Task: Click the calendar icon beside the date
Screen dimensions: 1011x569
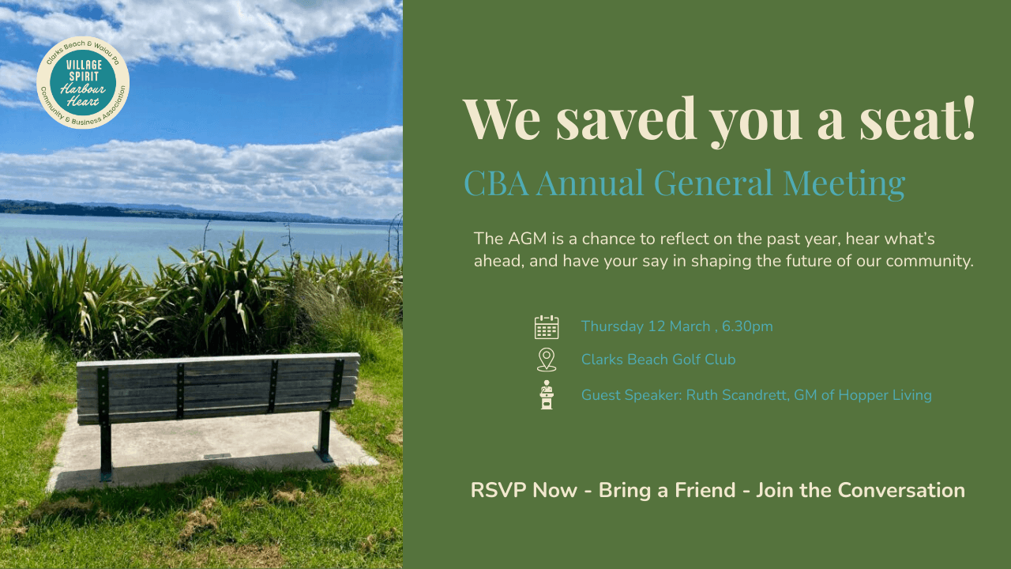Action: (547, 327)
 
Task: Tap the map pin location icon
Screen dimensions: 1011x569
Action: (546, 360)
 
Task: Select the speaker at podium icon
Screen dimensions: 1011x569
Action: (547, 394)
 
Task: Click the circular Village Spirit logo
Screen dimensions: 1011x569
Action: (83, 83)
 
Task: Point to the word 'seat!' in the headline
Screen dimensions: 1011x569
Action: (917, 119)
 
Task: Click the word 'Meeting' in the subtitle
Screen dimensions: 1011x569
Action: (844, 183)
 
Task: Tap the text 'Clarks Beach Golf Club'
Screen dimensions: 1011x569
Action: (658, 360)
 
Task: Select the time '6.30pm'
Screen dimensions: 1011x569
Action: (747, 326)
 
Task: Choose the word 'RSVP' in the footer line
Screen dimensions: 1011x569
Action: (498, 490)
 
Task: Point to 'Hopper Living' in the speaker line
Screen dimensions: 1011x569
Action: (885, 396)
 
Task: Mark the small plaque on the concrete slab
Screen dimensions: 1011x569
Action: (217, 456)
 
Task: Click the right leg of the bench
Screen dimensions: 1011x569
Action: (324, 436)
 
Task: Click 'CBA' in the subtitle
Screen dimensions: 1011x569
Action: (497, 183)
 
